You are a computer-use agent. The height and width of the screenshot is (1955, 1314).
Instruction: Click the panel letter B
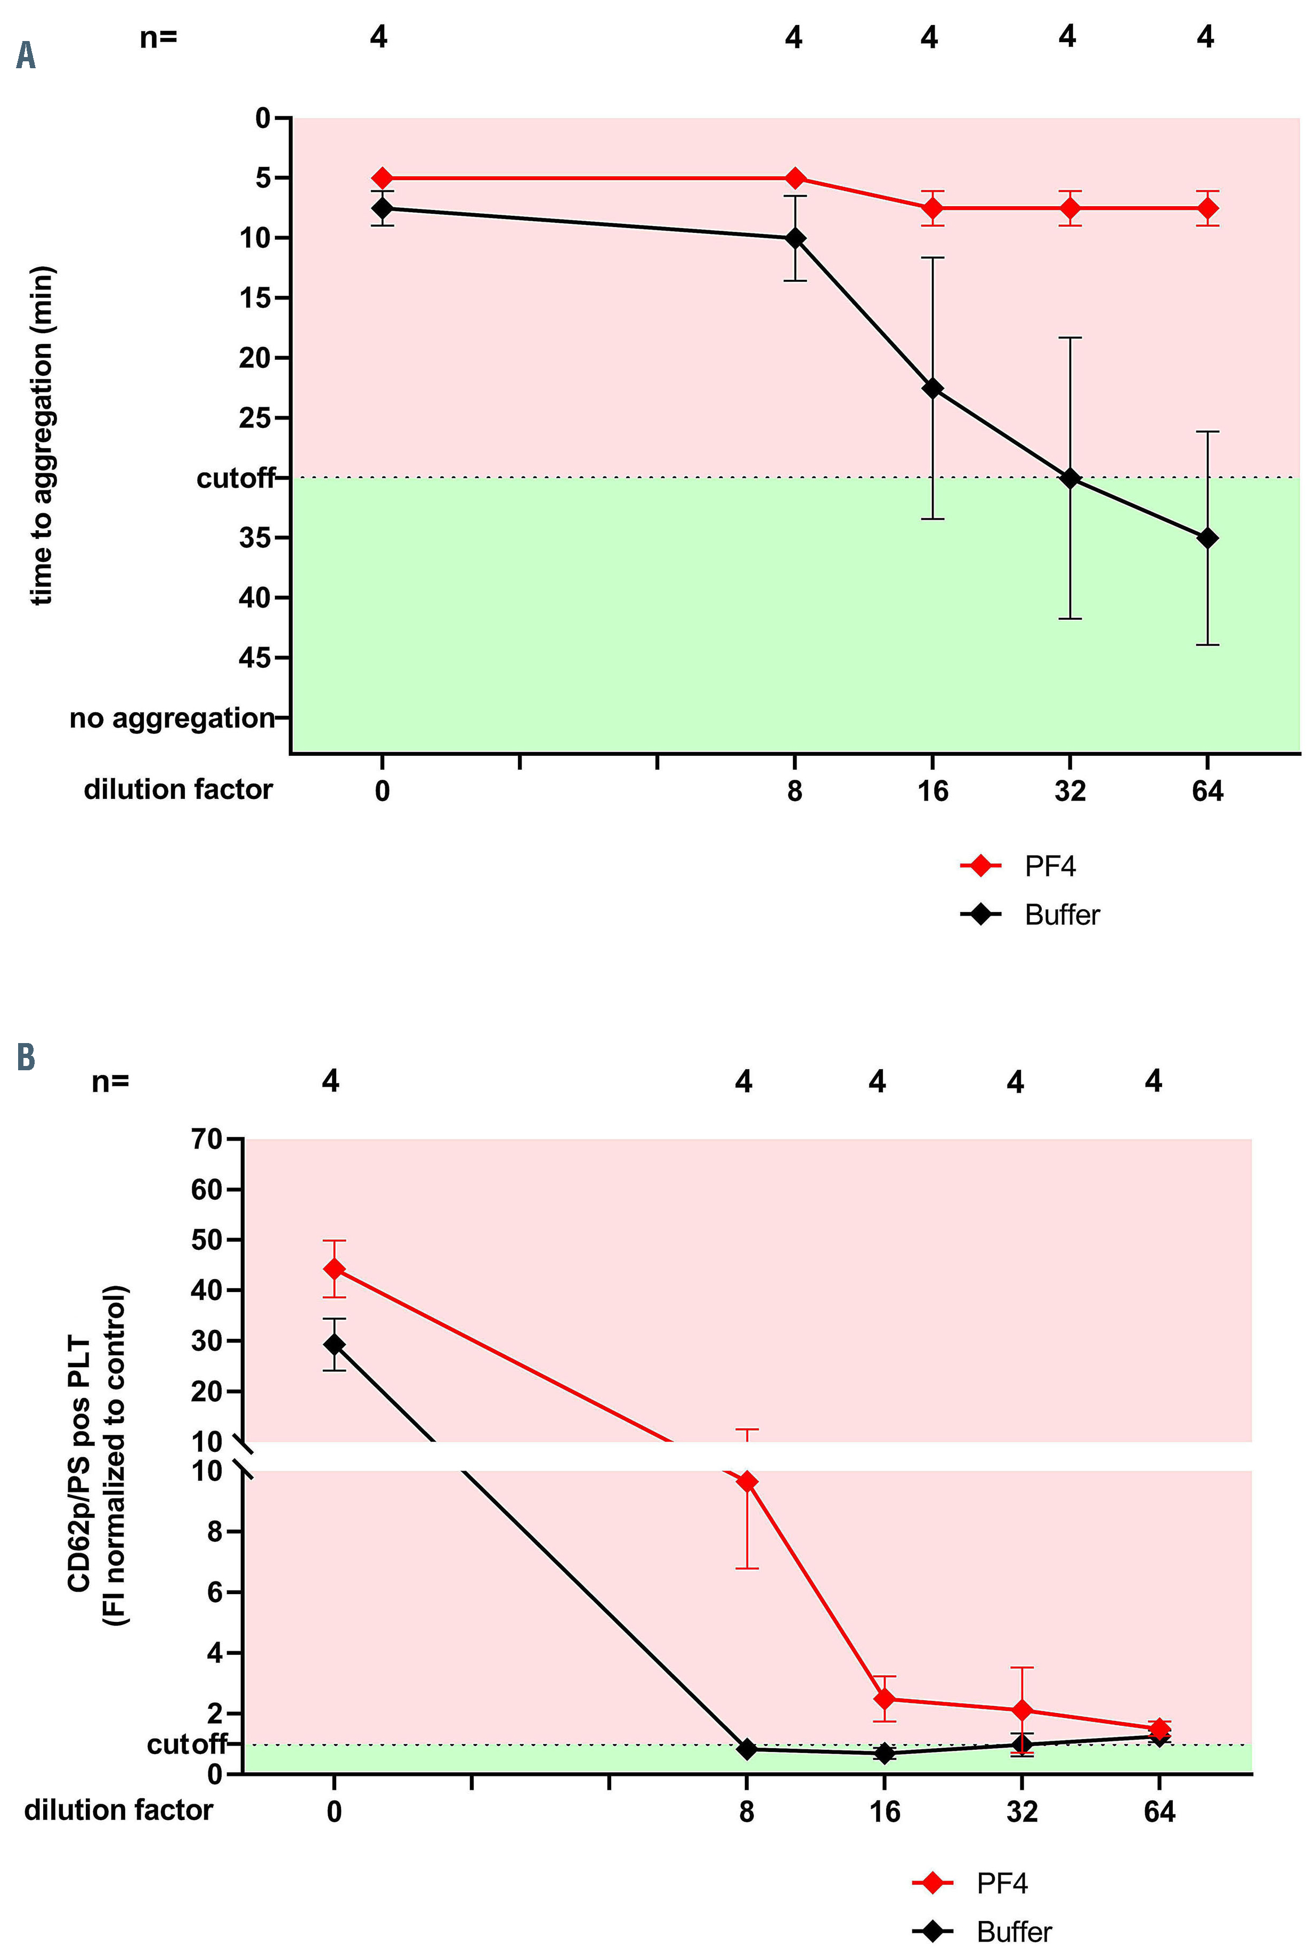pyautogui.click(x=26, y=1057)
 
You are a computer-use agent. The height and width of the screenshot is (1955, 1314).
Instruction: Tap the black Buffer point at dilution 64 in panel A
pyautogui.click(x=1207, y=538)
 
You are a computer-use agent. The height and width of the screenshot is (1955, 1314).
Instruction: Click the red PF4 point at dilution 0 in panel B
pyautogui.click(x=335, y=1269)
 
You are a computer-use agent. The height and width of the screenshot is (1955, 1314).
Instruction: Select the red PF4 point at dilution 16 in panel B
pyautogui.click(x=884, y=1699)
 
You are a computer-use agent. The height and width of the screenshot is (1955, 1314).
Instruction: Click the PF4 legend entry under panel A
pyautogui.click(x=1049, y=866)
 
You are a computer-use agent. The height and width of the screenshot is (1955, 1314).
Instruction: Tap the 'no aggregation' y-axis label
pyautogui.click(x=172, y=718)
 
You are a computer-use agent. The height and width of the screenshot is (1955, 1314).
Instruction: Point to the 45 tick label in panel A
pyautogui.click(x=255, y=658)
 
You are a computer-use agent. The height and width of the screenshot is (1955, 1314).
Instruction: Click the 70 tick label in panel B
pyautogui.click(x=206, y=1139)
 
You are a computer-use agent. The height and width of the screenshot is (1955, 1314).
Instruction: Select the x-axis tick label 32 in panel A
pyautogui.click(x=1069, y=790)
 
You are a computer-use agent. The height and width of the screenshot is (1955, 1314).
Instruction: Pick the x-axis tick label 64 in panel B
pyautogui.click(x=1159, y=1812)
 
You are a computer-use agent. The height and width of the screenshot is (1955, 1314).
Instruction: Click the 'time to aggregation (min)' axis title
pyautogui.click(x=42, y=436)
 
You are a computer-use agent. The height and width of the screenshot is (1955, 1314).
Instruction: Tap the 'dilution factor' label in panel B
pyautogui.click(x=118, y=1810)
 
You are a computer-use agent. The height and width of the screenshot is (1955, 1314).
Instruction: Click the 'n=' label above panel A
pyautogui.click(x=158, y=37)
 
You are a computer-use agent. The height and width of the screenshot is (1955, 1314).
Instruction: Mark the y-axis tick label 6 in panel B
pyautogui.click(x=215, y=1592)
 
